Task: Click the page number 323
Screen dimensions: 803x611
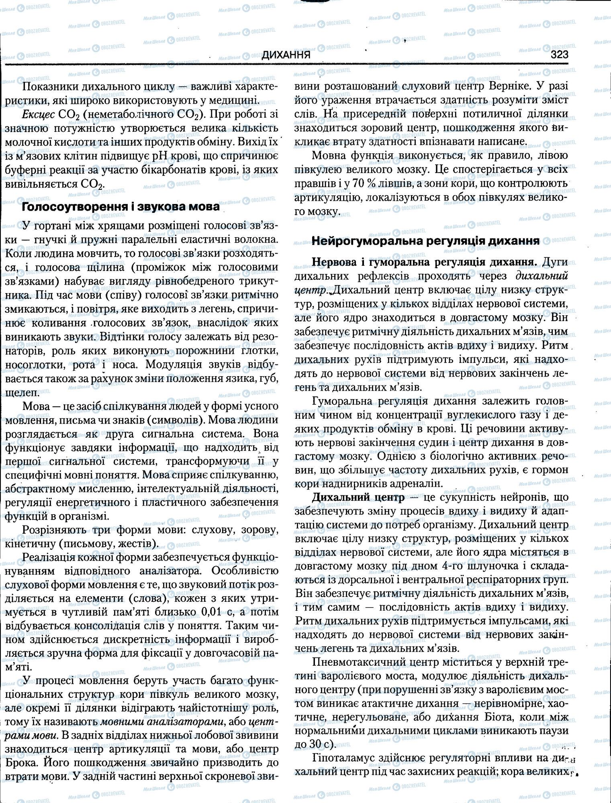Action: pos(560,54)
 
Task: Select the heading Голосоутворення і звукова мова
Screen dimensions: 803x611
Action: pos(121,207)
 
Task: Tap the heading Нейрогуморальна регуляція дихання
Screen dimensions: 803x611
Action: pos(425,241)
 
